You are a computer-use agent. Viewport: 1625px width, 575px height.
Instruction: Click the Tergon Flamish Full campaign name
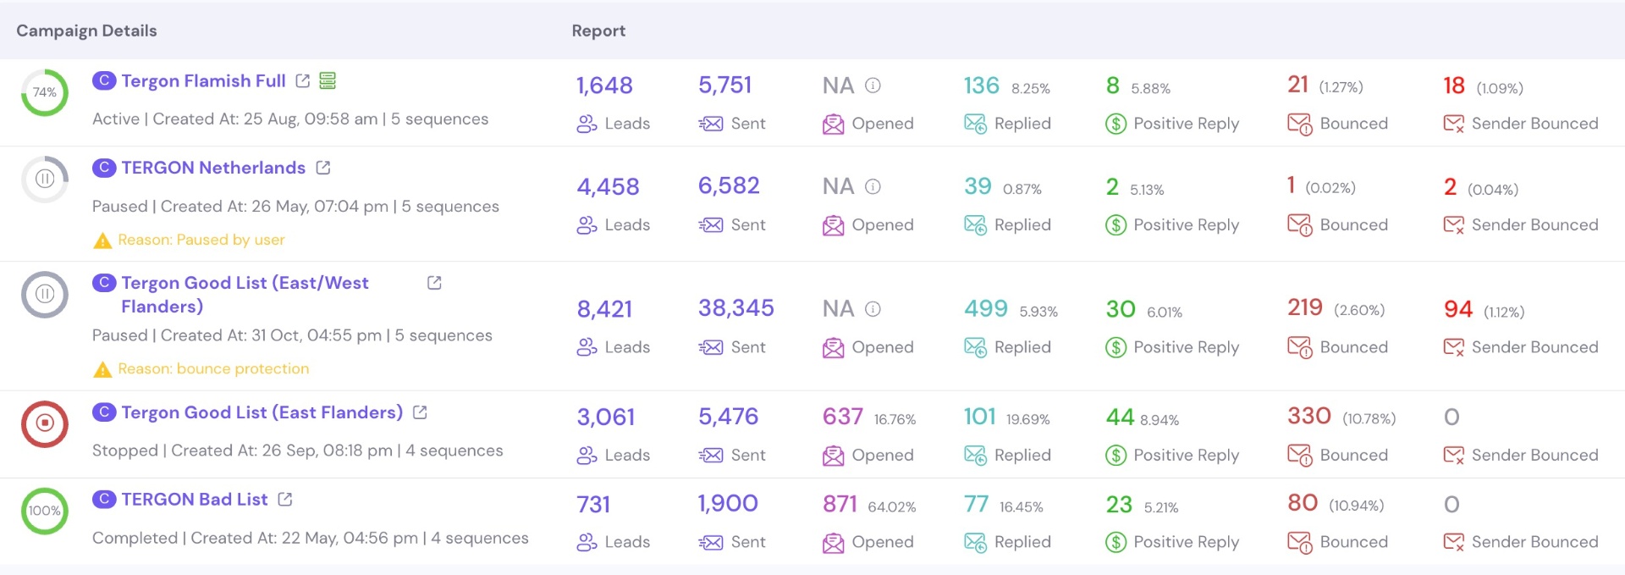tap(203, 81)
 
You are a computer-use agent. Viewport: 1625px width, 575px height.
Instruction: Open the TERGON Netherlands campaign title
tap(213, 168)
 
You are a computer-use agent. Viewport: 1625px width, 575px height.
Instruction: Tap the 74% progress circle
tap(45, 92)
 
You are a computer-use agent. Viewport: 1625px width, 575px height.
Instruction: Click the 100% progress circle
tap(45, 511)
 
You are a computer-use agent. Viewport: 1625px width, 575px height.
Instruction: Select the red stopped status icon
tap(45, 423)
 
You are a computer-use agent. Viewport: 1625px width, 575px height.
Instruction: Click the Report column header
tap(598, 30)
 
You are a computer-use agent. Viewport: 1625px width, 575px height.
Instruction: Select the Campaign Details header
tap(86, 30)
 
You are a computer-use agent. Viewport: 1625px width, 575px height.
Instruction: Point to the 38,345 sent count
tap(735, 308)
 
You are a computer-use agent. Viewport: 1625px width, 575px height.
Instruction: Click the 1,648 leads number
tap(604, 86)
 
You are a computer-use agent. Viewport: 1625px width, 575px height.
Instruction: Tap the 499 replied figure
tap(986, 308)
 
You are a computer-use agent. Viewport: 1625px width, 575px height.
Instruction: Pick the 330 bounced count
tap(1309, 416)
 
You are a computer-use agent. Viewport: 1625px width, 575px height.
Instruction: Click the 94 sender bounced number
tap(1458, 309)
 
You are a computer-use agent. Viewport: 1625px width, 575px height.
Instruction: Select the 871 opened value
tap(840, 504)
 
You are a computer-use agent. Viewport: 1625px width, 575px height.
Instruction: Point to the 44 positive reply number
tap(1120, 417)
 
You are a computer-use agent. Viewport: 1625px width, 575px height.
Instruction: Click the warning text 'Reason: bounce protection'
tap(213, 369)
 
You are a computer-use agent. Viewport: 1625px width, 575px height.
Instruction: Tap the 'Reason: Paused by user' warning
tap(201, 241)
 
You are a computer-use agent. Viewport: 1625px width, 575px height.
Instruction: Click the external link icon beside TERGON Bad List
tap(285, 500)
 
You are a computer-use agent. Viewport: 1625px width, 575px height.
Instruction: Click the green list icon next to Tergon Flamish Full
tap(328, 81)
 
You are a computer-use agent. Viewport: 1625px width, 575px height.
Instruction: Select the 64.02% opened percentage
tap(892, 507)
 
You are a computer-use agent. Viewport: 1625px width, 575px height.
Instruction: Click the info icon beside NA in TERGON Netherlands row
tap(873, 186)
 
